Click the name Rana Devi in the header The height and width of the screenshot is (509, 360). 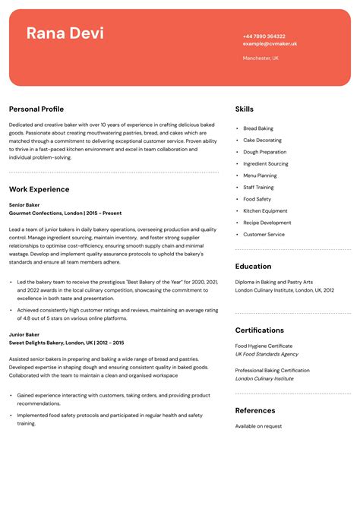point(65,33)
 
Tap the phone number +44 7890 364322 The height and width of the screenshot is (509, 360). point(264,36)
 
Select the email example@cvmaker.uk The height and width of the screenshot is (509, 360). point(270,44)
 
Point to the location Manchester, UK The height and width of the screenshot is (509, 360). point(261,58)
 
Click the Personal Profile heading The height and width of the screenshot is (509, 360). point(36,109)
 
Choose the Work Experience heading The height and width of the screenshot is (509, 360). point(39,189)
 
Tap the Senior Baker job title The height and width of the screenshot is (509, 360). point(24,205)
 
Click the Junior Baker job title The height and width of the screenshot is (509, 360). point(24,334)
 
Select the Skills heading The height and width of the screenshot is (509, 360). point(245,109)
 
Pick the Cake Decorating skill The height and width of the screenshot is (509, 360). point(262,141)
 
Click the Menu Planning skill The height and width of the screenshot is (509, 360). point(260,175)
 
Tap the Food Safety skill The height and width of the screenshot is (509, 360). point(257,199)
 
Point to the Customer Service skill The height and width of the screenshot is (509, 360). point(264,235)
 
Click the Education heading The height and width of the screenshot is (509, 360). point(253,267)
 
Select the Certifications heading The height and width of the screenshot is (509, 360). point(259,330)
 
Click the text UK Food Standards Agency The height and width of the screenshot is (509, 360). point(267,354)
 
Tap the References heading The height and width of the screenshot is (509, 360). point(255,410)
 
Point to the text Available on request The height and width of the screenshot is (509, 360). point(258,426)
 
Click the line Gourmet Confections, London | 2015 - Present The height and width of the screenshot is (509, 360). point(65,213)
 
